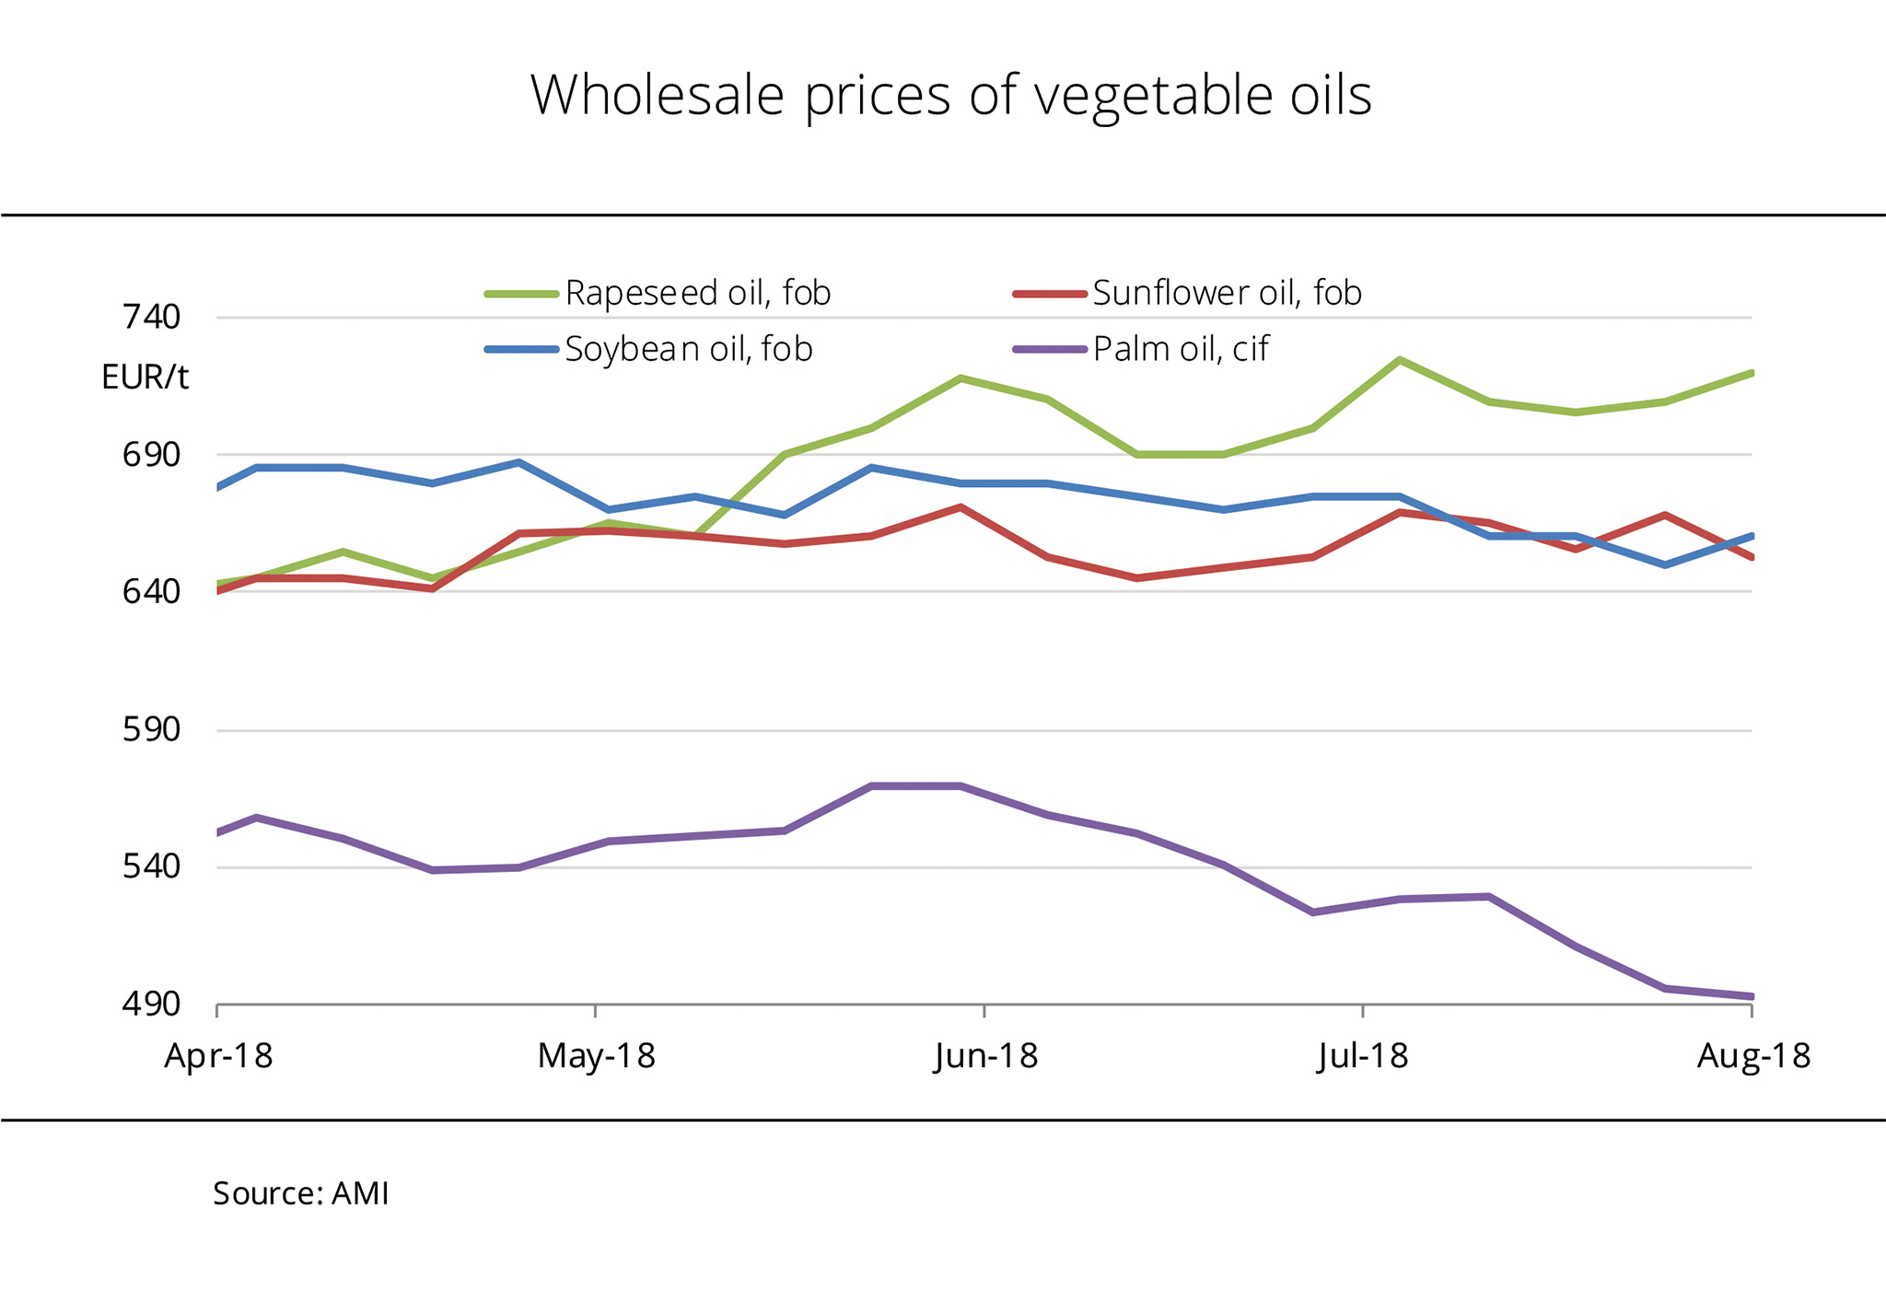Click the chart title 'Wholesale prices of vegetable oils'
click(950, 95)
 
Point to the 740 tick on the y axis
click(151, 318)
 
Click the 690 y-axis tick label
click(151, 455)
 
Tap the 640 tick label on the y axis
click(151, 591)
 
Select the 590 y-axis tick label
click(151, 730)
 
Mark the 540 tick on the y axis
click(151, 867)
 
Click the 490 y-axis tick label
click(151, 1004)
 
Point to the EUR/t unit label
click(145, 378)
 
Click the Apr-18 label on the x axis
click(218, 1055)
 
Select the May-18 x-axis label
click(596, 1055)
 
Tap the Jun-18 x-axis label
click(985, 1055)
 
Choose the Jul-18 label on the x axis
click(1363, 1055)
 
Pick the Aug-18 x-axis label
click(1752, 1055)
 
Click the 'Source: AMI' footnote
click(301, 1193)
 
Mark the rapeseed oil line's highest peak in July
click(1400, 360)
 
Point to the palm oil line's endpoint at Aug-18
click(1751, 996)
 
